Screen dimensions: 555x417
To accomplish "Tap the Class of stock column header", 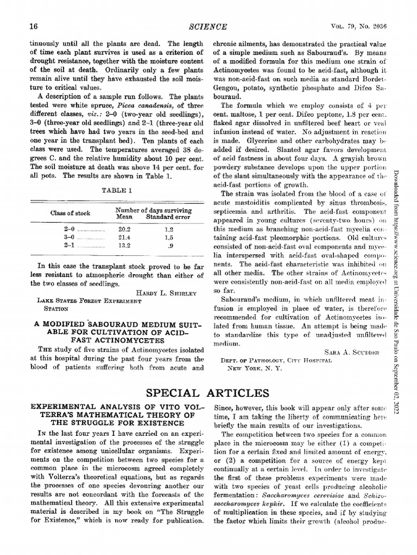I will click(x=71, y=213).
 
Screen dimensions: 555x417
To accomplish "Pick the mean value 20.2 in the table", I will click(x=125, y=229).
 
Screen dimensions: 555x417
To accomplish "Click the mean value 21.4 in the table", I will click(x=125, y=237).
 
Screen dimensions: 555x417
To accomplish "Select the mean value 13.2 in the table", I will click(x=125, y=245).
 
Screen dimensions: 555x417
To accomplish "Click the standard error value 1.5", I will click(x=168, y=237).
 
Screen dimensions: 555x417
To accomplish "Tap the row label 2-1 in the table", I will click(x=69, y=245).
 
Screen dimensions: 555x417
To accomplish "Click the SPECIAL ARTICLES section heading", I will click(x=208, y=392).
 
